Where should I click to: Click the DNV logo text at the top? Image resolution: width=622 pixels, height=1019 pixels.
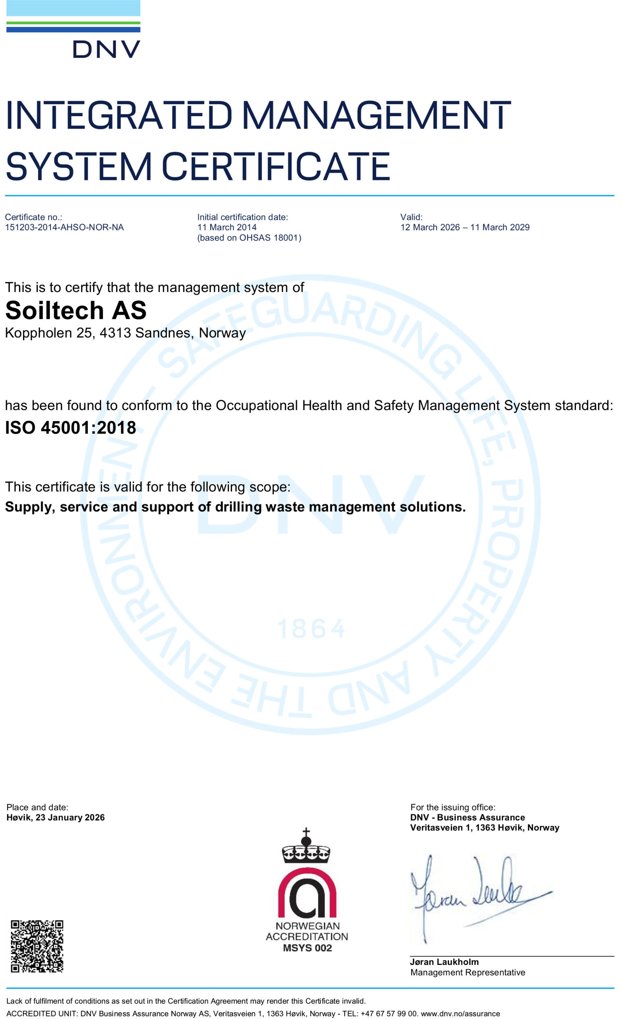point(106,49)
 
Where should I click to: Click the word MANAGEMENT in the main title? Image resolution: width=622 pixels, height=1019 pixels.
point(376,115)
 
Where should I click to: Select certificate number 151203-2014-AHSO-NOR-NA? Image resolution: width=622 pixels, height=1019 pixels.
point(64,227)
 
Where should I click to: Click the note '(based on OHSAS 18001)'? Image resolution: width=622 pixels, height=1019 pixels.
point(249,238)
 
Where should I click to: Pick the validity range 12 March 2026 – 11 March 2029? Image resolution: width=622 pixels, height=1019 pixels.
point(464,227)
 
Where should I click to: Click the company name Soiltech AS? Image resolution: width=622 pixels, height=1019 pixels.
point(76,310)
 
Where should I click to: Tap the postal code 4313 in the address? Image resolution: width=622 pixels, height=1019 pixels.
point(115,333)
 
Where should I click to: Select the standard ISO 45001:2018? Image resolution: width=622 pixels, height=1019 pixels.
point(70,428)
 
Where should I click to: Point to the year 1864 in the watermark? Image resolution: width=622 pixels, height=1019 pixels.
point(311,629)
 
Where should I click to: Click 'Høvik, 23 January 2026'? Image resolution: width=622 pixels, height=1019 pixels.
point(55,818)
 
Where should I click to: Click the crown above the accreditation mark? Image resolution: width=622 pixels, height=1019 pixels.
point(306,847)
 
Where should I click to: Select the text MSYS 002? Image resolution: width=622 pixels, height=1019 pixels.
point(307,948)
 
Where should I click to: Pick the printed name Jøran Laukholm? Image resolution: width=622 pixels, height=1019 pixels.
point(444,962)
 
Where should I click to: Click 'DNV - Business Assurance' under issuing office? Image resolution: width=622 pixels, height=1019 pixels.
point(467,818)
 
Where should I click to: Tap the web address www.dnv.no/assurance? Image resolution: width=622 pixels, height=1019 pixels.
point(460,1013)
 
